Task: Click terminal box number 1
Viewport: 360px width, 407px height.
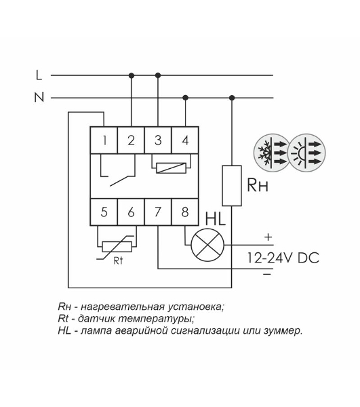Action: point(104,140)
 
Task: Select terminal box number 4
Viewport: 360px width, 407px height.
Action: point(185,140)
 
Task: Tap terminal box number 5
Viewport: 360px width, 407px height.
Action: point(104,212)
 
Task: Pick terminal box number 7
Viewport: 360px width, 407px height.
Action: point(158,212)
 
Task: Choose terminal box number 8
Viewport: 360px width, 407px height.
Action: point(185,212)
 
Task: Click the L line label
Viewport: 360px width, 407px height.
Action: point(39,75)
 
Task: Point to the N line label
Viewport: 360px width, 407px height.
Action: point(39,97)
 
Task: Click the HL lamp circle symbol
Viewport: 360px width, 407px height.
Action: point(207,245)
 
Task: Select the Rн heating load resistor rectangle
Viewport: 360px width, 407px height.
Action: point(232,186)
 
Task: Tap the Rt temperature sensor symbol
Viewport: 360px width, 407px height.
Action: point(117,247)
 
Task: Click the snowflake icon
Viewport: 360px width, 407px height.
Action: point(272,153)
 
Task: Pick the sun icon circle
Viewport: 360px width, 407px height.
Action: point(307,153)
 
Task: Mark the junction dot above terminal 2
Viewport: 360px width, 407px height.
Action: point(132,75)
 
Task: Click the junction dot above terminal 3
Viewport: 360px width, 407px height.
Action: point(158,75)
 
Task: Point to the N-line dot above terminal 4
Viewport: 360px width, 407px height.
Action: point(185,98)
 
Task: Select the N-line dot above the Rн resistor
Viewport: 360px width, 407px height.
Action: point(232,98)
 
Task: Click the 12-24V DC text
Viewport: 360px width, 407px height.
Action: point(283,258)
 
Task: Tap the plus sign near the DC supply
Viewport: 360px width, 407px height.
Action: point(268,237)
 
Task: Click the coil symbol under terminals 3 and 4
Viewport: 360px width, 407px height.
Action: point(171,168)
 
